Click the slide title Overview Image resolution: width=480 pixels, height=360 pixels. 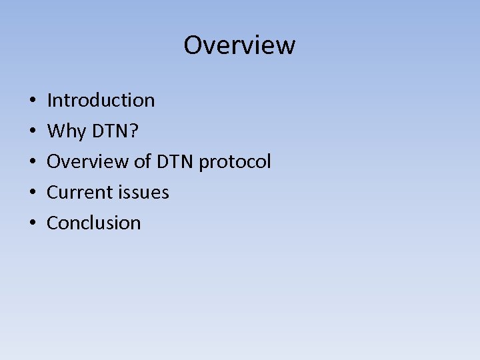point(239,45)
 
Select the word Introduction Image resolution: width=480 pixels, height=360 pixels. point(101,101)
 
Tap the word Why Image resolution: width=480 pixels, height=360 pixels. point(67,132)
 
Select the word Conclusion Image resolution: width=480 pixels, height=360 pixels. point(93,223)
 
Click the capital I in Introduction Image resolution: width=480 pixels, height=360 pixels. point(49,101)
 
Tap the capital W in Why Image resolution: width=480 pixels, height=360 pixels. point(57,131)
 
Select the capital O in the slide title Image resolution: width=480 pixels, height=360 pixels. point(193,45)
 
